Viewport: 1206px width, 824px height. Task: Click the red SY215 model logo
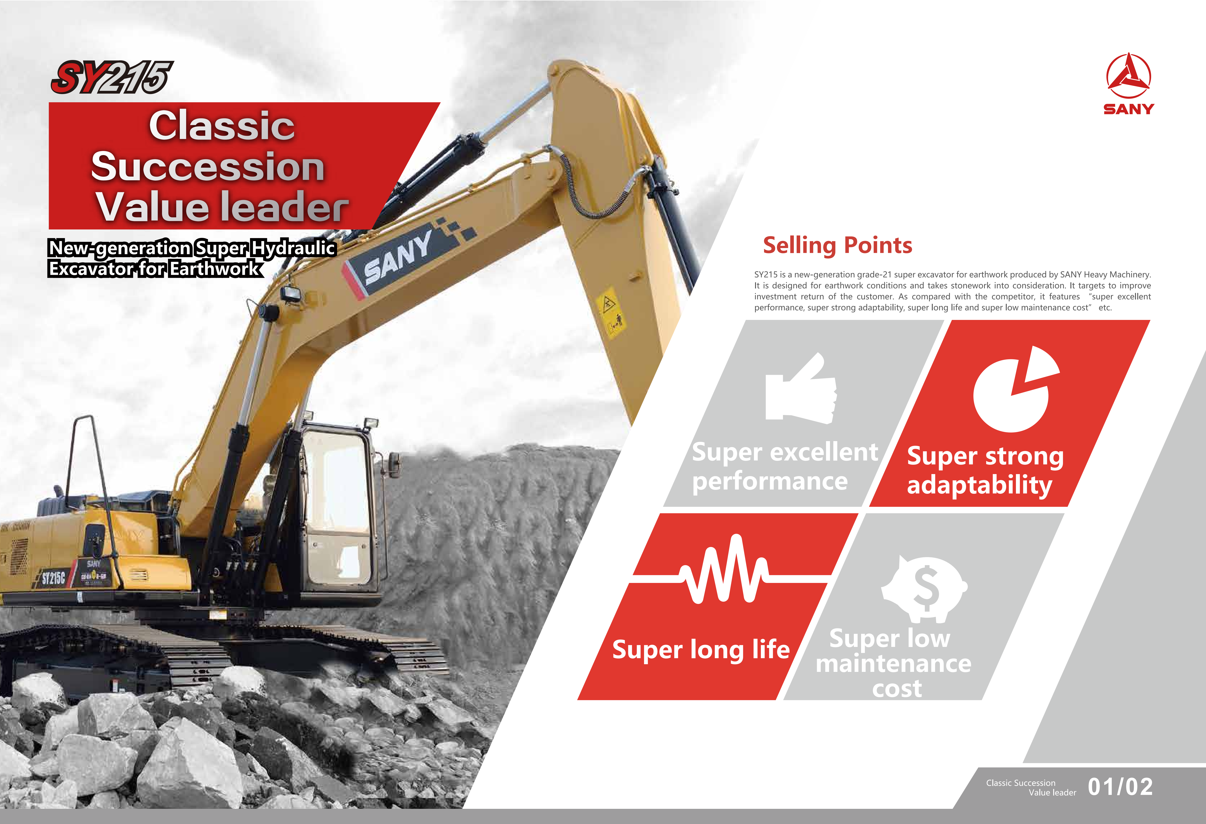112,77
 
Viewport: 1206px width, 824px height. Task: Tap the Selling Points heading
837,245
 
